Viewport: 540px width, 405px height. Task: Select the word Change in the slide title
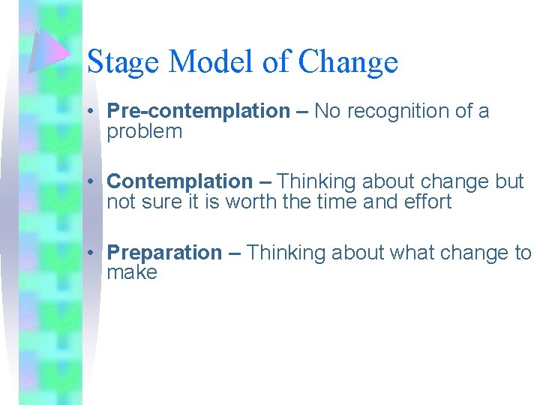point(348,61)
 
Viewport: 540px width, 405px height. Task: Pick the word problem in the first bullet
point(144,132)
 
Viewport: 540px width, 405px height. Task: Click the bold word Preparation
point(164,253)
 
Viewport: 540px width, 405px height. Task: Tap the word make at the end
point(132,272)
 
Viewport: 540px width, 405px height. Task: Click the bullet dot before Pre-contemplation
point(89,112)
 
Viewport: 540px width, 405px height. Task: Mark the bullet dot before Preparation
point(89,253)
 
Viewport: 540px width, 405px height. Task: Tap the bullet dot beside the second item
point(89,182)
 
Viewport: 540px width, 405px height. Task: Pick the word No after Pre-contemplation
point(326,112)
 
